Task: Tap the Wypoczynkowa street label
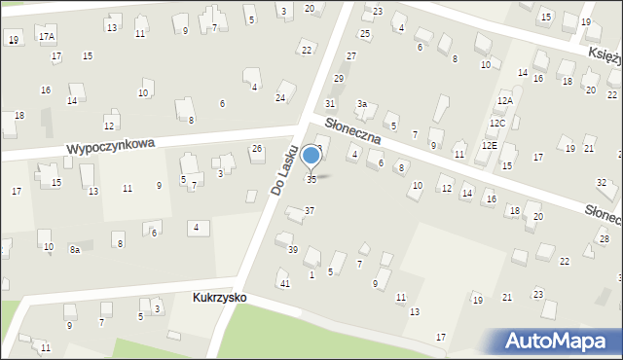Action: pyautogui.click(x=111, y=146)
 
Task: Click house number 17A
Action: pyautogui.click(x=47, y=36)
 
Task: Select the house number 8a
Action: pyautogui.click(x=74, y=250)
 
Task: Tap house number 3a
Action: pyautogui.click(x=361, y=104)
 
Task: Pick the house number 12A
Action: pyautogui.click(x=504, y=101)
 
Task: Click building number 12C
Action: pyautogui.click(x=497, y=124)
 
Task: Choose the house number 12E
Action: pyautogui.click(x=489, y=145)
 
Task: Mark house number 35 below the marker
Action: pyautogui.click(x=311, y=179)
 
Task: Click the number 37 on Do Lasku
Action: pyautogui.click(x=310, y=211)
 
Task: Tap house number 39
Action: pyautogui.click(x=292, y=250)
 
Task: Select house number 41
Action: pyautogui.click(x=284, y=283)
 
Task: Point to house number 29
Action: pyautogui.click(x=339, y=79)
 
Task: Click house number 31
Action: pyautogui.click(x=330, y=103)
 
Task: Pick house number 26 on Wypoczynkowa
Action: pyautogui.click(x=257, y=149)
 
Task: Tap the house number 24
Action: pyautogui.click(x=280, y=98)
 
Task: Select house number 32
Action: pyautogui.click(x=602, y=183)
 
